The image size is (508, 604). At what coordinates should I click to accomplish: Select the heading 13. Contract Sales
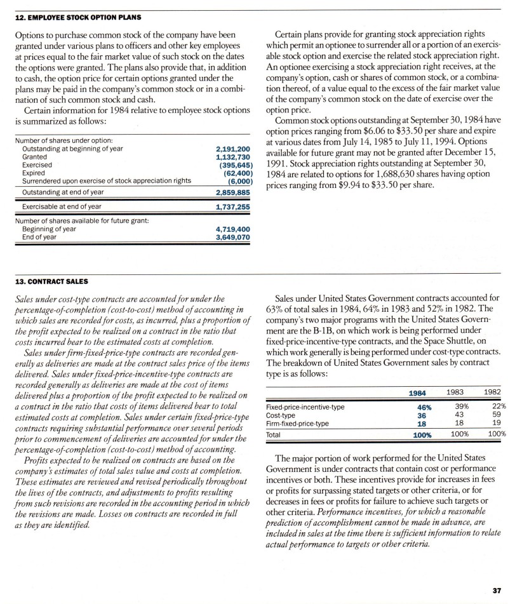[x=51, y=280]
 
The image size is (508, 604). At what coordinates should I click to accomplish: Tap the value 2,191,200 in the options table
[x=235, y=149]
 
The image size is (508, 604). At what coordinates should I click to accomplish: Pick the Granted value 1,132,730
[x=235, y=156]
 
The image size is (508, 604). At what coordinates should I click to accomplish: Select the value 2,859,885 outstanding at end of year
[x=235, y=192]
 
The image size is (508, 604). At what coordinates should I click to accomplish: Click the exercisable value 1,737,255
[x=235, y=207]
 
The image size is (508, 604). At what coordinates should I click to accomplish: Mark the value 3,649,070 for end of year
[x=235, y=237]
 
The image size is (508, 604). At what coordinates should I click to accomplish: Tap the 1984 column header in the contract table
[x=417, y=394]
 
